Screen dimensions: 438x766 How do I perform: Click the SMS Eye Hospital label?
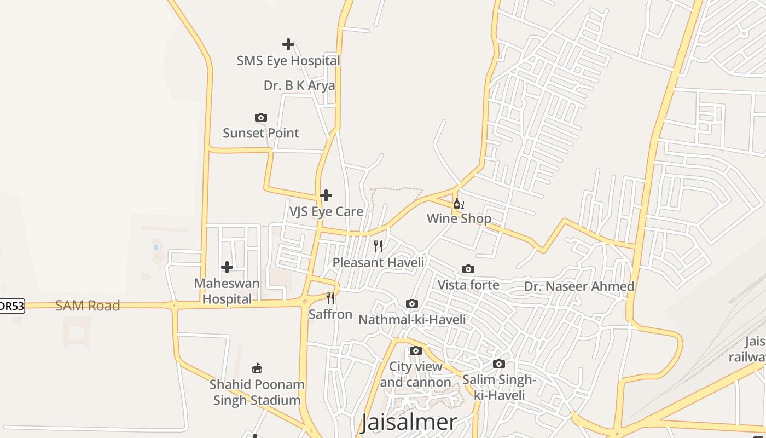tap(288, 61)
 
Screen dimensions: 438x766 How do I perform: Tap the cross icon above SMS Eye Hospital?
tap(288, 44)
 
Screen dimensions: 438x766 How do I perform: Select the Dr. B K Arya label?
tap(299, 85)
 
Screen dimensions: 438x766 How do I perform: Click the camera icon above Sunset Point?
tap(261, 117)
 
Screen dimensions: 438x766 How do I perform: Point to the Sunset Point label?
tap(261, 133)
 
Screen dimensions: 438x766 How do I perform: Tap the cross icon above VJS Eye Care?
tap(326, 195)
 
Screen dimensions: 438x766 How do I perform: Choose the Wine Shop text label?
tap(459, 219)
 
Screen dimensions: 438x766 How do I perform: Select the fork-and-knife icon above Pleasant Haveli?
tap(378, 246)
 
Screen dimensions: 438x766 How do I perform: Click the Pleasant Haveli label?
tap(378, 262)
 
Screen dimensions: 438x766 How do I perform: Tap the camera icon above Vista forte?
tap(468, 269)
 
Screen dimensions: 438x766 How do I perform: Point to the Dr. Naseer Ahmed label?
tap(579, 286)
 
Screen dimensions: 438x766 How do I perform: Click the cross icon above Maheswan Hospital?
tap(227, 267)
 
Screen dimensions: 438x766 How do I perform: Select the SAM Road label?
tap(88, 306)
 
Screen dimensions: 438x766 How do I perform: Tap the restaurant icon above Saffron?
tap(330, 298)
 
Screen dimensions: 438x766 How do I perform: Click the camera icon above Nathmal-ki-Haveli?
tap(412, 303)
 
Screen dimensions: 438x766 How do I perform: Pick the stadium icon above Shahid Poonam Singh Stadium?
tap(257, 368)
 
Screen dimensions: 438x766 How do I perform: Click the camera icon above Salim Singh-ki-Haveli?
tap(499, 364)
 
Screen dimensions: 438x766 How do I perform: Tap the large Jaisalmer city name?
tap(409, 422)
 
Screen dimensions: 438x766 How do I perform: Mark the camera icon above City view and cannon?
tap(416, 350)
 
